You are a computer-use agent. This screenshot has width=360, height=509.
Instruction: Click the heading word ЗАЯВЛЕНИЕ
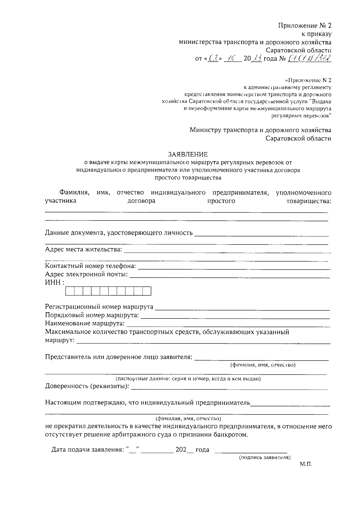188,154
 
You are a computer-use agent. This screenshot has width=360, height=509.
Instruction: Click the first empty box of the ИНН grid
70,291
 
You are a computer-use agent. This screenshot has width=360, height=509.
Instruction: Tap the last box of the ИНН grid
147,291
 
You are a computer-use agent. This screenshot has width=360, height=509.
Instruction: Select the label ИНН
53,282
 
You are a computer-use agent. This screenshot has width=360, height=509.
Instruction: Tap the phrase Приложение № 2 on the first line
304,25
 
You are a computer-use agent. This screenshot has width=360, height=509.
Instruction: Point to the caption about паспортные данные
188,379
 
